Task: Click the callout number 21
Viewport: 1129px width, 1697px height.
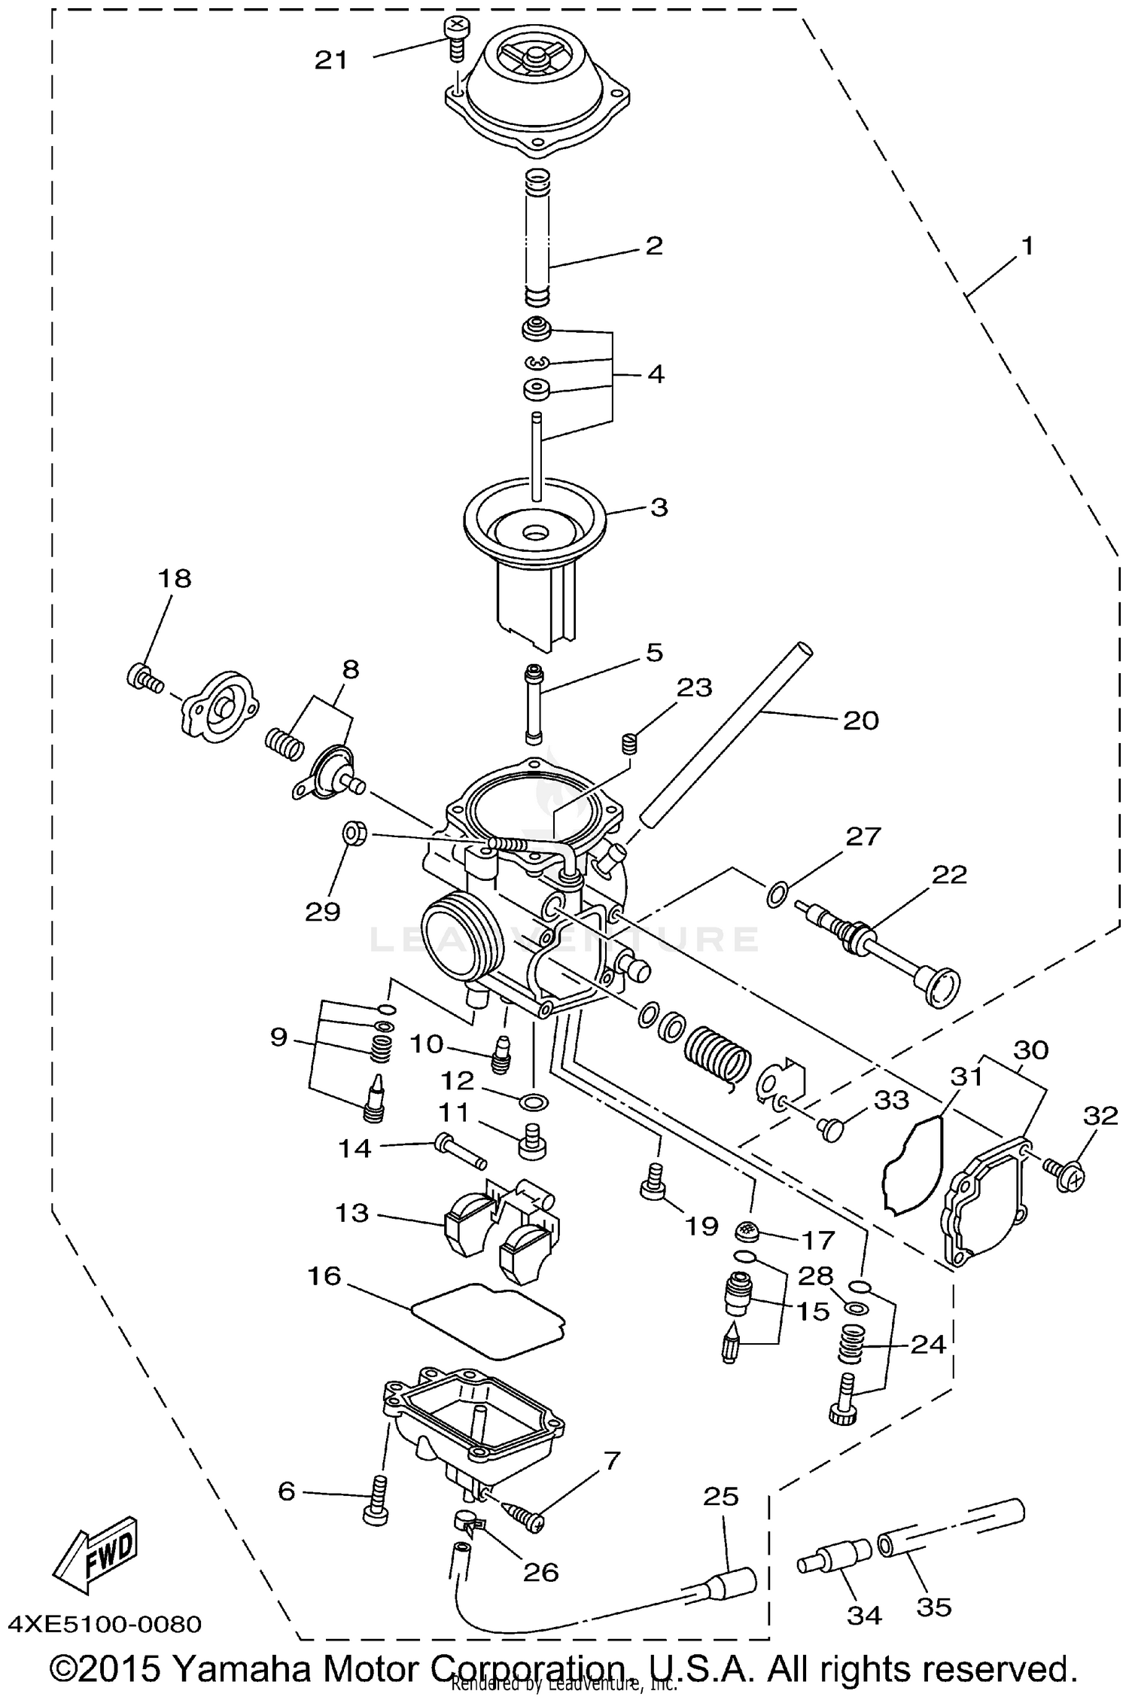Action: tap(331, 60)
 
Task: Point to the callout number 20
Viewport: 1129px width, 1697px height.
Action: tap(861, 721)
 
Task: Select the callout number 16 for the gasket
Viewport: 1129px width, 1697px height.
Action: tap(324, 1276)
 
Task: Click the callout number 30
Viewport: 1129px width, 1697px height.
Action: tap(1030, 1050)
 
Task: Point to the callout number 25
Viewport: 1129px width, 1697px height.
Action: tap(721, 1497)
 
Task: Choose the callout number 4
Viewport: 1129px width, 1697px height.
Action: tap(656, 374)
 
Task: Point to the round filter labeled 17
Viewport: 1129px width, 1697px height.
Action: tap(747, 1231)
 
